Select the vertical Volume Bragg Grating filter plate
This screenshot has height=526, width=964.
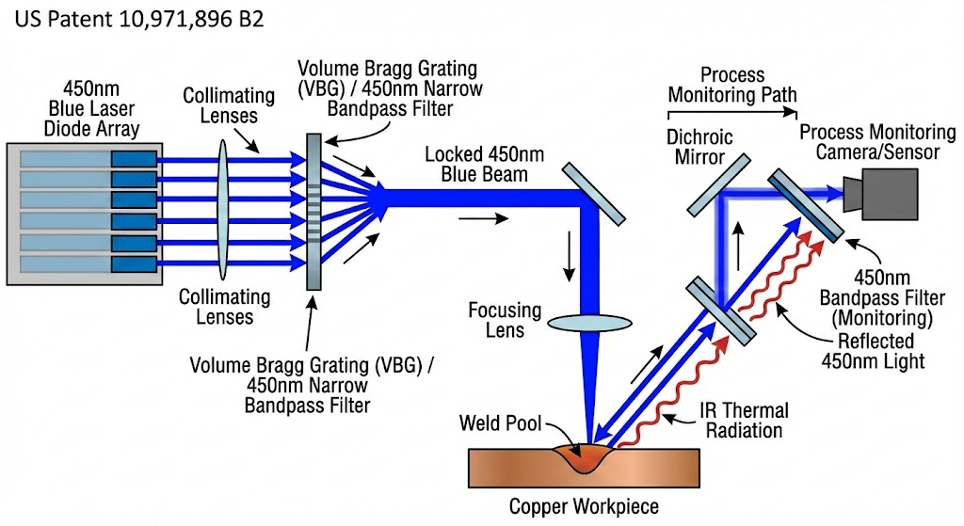(x=313, y=212)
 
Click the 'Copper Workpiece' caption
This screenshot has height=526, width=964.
(x=584, y=506)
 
